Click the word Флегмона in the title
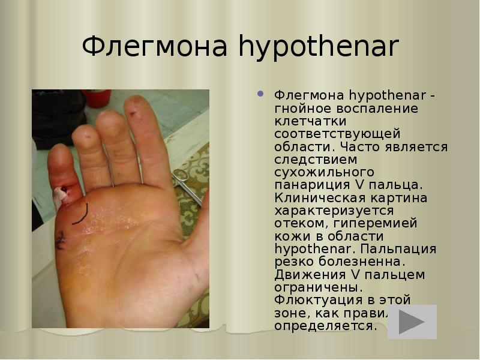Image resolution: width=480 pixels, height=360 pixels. (156, 46)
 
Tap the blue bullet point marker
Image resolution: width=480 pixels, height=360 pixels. (260, 94)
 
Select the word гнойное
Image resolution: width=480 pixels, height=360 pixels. (304, 109)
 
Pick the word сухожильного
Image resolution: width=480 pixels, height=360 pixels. (315, 173)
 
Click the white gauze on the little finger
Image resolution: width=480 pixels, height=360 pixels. (61, 195)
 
